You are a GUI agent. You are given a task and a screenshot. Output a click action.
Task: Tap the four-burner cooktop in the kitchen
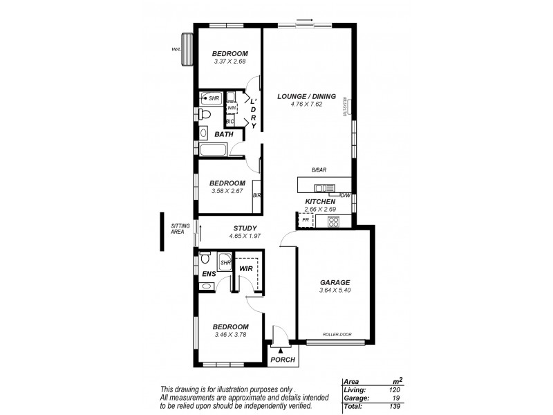click(x=333, y=222)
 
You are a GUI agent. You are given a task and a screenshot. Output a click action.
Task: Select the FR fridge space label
click(x=306, y=220)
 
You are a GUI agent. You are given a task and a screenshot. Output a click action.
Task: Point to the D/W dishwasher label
click(x=346, y=195)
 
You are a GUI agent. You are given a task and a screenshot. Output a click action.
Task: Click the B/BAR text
click(x=319, y=170)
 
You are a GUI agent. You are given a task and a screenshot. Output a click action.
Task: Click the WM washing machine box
click(x=232, y=108)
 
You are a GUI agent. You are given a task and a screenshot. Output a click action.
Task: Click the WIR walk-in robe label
click(x=245, y=268)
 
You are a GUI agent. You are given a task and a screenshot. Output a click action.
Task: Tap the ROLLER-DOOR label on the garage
click(x=337, y=335)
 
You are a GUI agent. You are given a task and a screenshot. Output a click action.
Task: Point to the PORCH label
click(x=283, y=360)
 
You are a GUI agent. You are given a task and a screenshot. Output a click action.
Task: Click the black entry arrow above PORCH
click(x=280, y=351)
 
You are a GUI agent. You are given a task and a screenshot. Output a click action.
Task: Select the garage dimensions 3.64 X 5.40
click(x=335, y=291)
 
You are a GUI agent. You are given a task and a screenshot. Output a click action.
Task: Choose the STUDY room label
click(x=245, y=228)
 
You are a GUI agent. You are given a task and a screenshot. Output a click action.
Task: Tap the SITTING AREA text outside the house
click(x=179, y=229)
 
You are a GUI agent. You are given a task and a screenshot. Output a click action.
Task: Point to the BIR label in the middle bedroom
click(x=256, y=196)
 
